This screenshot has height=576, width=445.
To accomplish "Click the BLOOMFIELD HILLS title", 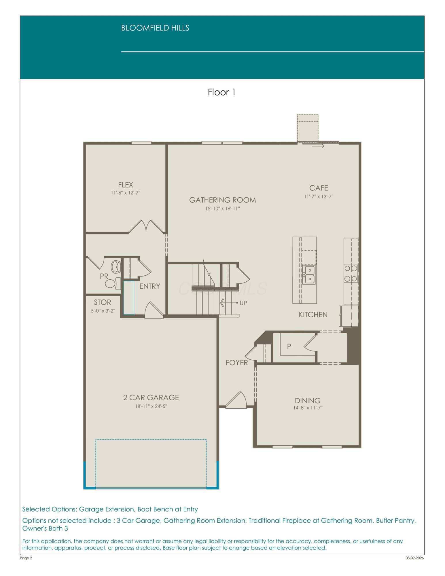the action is [155, 28].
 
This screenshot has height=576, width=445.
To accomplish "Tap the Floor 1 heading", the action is [221, 92].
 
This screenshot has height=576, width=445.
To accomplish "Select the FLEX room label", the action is [126, 185].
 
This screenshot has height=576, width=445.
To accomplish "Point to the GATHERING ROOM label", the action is [222, 200].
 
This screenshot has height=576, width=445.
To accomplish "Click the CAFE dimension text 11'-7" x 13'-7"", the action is [319, 196].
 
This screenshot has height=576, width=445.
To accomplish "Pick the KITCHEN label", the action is [313, 314].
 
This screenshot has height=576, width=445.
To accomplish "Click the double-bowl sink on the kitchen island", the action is [310, 275].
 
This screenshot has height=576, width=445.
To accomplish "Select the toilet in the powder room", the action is [113, 283].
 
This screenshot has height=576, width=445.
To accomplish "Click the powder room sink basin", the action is [116, 267].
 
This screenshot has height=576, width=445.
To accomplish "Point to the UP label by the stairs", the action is [243, 303].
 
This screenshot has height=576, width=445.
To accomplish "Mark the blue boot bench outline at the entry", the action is [129, 298].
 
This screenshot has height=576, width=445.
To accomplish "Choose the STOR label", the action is [102, 302].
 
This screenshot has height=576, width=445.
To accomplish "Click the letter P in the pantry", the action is [289, 346].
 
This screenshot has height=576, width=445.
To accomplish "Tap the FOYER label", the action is [237, 363].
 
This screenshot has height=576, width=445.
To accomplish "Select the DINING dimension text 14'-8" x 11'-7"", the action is [308, 408].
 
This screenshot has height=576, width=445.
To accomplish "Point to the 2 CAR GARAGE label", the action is [151, 397].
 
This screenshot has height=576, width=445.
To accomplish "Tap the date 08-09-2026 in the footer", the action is [414, 558].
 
